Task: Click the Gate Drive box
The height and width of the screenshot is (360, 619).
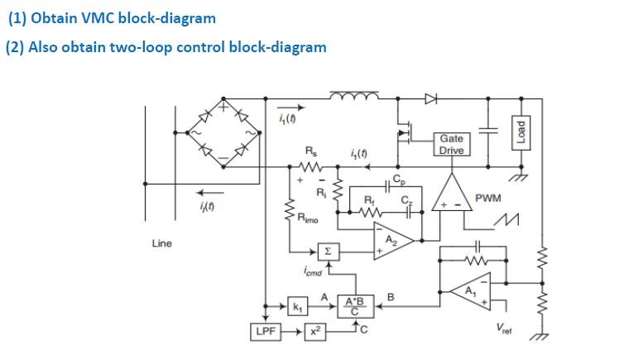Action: coord(452,144)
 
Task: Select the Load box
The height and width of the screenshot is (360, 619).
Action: coord(521,133)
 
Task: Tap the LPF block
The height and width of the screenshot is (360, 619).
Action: coord(264,332)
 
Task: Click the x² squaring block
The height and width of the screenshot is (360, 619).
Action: coord(315,332)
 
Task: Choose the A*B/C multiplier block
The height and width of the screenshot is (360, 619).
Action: coord(356,305)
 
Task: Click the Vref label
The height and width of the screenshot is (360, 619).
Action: coord(504,329)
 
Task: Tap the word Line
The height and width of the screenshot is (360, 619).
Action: coord(161,243)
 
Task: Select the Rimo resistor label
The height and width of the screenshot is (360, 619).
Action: coord(307,218)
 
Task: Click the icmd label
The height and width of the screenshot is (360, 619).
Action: coord(313,271)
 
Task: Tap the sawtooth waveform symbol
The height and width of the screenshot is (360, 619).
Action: coord(507,219)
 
